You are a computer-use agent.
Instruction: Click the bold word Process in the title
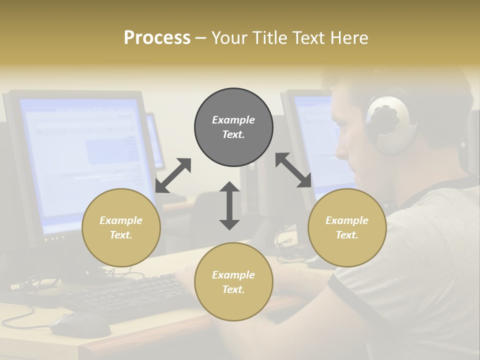(x=157, y=38)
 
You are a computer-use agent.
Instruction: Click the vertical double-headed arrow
(x=229, y=205)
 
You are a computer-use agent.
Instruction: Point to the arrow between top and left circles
(x=173, y=175)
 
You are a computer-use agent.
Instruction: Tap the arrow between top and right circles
(x=293, y=170)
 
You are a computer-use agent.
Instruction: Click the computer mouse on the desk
(x=80, y=324)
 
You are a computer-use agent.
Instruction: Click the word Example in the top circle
(x=233, y=120)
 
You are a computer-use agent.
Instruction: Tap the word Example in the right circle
(x=347, y=220)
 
